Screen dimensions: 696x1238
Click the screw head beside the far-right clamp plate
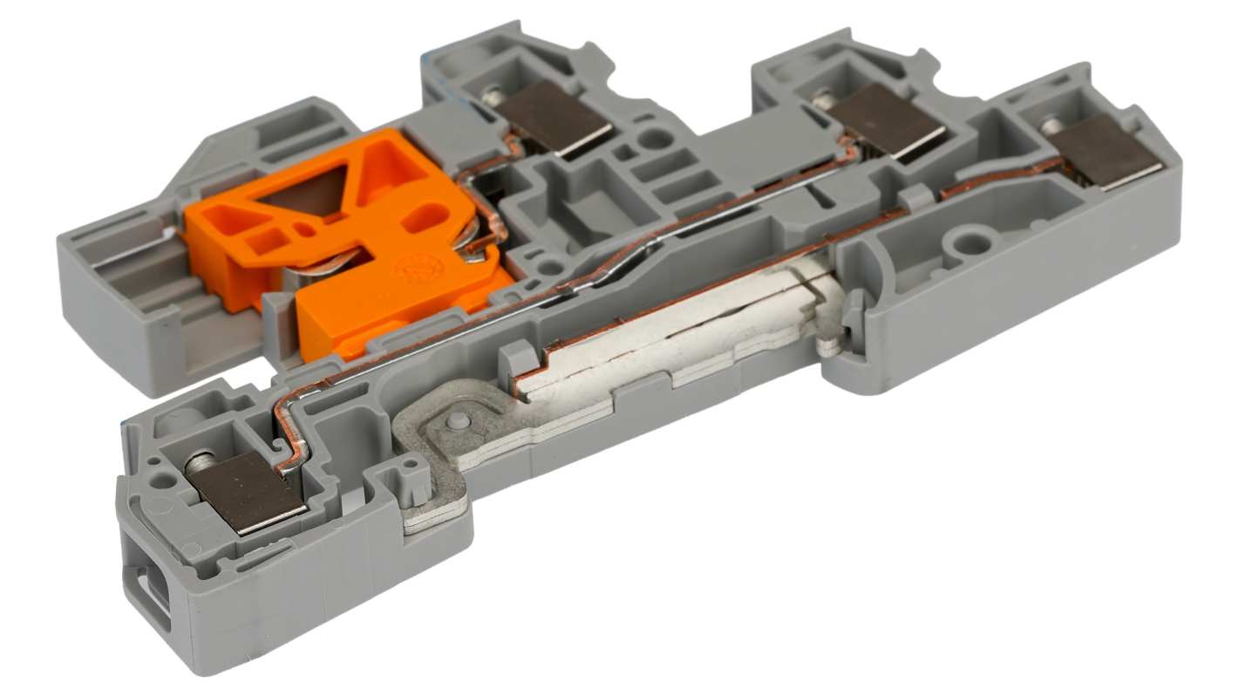pos(1053,124)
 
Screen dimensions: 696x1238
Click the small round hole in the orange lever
pos(301,230)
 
